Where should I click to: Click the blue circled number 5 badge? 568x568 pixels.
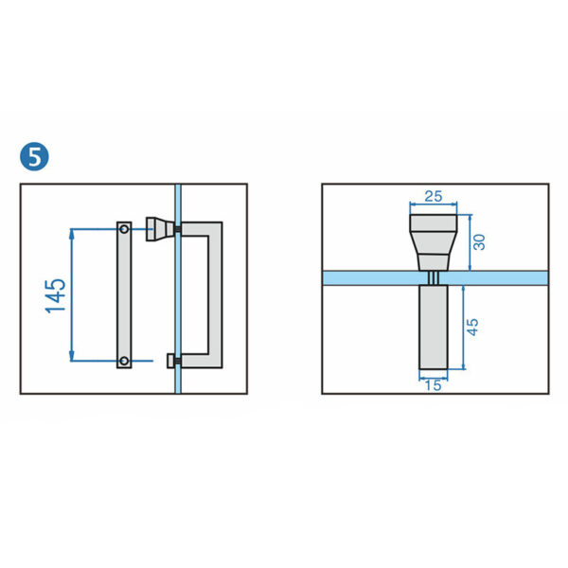coord(35,157)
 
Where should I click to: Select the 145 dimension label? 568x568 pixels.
coord(56,294)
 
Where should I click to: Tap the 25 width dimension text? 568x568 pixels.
coord(434,196)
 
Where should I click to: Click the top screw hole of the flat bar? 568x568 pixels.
coord(124,228)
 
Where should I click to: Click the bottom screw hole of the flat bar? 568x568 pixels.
coord(124,361)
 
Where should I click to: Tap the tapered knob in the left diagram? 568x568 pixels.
coord(158,228)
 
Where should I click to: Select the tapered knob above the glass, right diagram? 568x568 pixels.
coord(434,241)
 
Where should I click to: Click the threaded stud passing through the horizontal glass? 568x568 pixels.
coord(434,277)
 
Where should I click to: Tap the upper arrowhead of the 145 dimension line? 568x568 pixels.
coord(72,232)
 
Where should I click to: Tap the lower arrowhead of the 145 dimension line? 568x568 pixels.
coord(72,357)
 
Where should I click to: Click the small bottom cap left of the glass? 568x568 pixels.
coord(170,361)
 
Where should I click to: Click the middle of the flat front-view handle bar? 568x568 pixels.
coord(124,294)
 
